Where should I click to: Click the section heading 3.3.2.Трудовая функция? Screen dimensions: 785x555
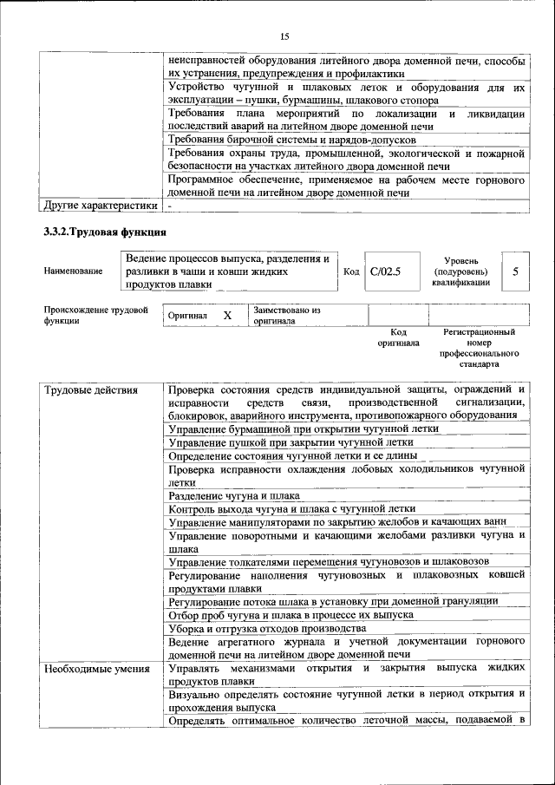(x=104, y=232)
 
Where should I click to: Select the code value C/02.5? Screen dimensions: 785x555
(x=385, y=271)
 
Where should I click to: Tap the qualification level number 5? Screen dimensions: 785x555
(x=516, y=271)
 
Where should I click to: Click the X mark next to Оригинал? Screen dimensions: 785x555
(x=227, y=316)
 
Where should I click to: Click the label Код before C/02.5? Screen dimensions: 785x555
(x=351, y=271)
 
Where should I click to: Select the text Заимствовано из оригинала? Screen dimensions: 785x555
(x=287, y=315)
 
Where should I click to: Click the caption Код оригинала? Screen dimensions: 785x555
(x=398, y=337)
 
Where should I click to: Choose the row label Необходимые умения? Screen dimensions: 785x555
(x=96, y=669)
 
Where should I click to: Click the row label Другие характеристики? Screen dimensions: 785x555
(x=101, y=206)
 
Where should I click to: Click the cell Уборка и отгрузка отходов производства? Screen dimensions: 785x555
(x=261, y=628)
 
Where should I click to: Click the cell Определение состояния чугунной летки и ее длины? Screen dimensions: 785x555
(x=293, y=455)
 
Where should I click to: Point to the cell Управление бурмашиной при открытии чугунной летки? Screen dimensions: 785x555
(x=304, y=428)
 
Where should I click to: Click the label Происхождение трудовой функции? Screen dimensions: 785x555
(x=95, y=315)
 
